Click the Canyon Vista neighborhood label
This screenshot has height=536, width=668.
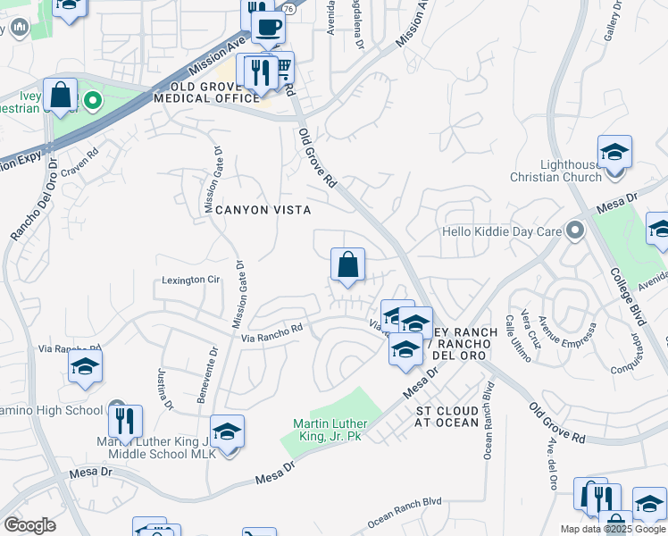(x=263, y=210)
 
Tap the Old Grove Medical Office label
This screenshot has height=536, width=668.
(x=206, y=93)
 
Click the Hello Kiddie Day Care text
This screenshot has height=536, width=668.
(x=504, y=231)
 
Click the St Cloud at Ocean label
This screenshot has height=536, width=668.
(x=447, y=416)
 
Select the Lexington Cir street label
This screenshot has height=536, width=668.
(x=190, y=280)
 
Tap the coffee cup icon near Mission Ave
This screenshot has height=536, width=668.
(x=267, y=27)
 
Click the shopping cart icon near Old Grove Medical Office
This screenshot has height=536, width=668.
(x=283, y=67)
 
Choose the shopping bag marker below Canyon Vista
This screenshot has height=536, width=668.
(x=347, y=264)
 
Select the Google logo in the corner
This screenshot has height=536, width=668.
(x=29, y=525)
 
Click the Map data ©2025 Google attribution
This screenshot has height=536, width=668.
(x=613, y=529)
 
